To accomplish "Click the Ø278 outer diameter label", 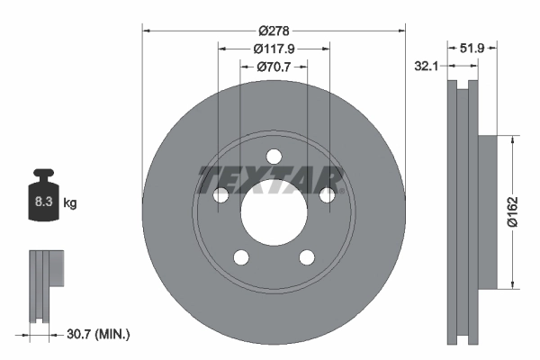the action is point(274,31).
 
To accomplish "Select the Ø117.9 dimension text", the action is point(274,49).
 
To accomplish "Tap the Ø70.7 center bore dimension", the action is point(274,67).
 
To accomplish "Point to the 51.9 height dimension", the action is point(472,49).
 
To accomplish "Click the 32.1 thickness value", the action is point(427,66).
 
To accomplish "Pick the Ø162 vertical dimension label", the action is point(512,211).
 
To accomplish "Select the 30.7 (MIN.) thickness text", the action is point(98,334).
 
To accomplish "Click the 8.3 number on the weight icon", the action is point(43,202).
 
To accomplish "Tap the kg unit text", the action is point(70,202).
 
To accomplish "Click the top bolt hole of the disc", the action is point(274,157).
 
